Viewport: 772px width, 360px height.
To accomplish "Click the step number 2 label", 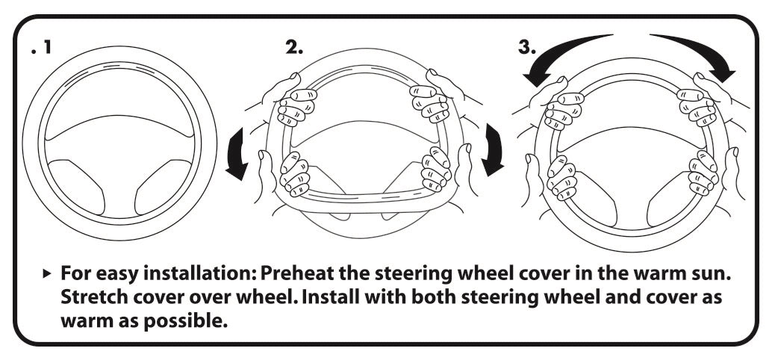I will (x=294, y=47).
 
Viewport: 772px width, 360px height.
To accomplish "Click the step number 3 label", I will (x=526, y=47).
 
